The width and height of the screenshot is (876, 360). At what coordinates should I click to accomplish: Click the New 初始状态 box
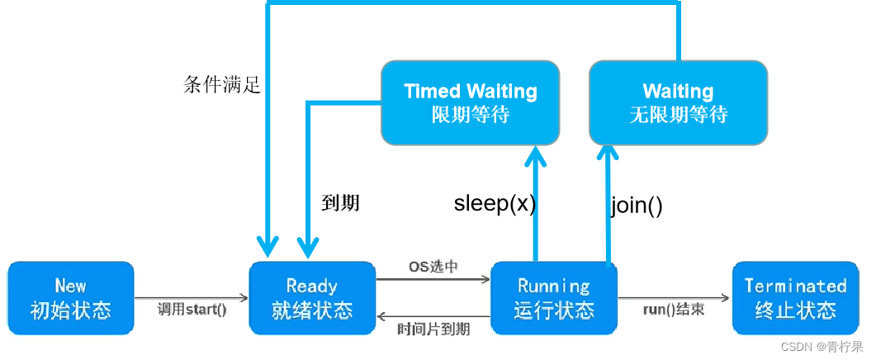[x=70, y=298]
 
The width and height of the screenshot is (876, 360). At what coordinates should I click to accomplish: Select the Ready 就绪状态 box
[x=312, y=298]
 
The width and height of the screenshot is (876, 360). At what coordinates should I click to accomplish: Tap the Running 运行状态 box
[x=554, y=298]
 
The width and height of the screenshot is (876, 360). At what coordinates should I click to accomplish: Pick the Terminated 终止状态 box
[x=795, y=298]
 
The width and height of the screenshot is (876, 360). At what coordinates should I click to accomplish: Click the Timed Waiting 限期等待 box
[x=471, y=102]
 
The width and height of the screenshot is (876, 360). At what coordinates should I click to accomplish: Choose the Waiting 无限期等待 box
[x=678, y=102]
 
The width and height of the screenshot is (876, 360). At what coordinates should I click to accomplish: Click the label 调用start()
[x=192, y=310]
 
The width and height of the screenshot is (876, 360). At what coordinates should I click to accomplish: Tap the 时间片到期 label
[x=433, y=329]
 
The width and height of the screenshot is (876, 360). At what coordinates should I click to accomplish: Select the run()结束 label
[x=674, y=310]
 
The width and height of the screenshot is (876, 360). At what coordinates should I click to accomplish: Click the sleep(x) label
[x=495, y=204]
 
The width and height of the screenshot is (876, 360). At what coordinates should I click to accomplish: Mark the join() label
[x=637, y=205]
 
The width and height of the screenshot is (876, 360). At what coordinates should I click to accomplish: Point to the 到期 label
[x=340, y=202]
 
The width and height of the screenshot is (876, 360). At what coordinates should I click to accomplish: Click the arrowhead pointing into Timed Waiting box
[x=537, y=154]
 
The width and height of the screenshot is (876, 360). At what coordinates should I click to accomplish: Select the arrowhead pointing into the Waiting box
[x=608, y=154]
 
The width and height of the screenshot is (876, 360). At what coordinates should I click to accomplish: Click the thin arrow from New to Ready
[x=192, y=297]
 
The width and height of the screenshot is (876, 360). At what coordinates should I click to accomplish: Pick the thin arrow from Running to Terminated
[x=673, y=297]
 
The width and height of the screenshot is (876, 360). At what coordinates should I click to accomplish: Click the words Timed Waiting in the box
[x=471, y=91]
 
